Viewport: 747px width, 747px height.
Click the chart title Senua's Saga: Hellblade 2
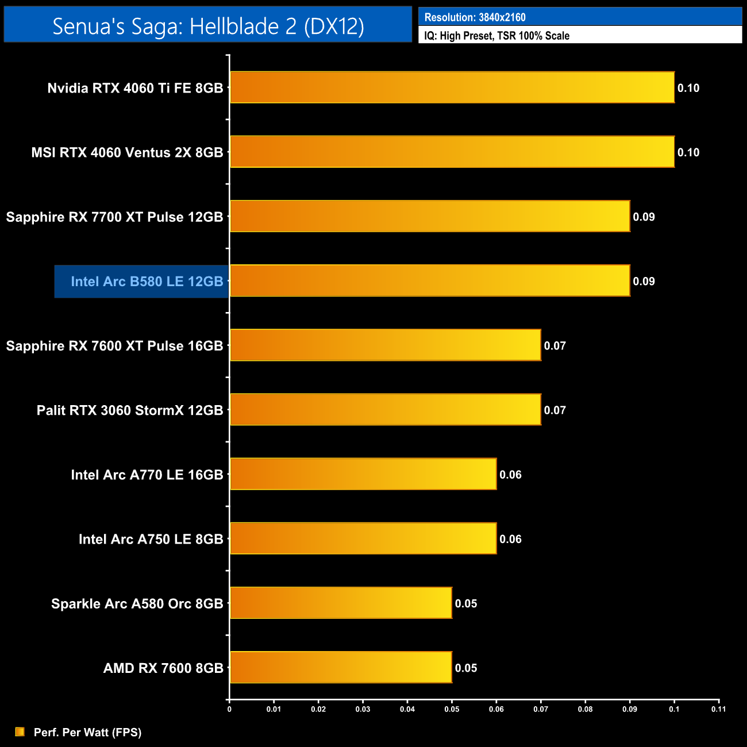(208, 26)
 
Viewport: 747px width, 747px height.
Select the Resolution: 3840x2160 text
(475, 17)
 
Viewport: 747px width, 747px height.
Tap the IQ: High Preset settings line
(496, 36)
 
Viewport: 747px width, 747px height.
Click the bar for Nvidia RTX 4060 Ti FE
(452, 87)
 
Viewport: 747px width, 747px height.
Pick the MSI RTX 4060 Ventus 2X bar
(452, 152)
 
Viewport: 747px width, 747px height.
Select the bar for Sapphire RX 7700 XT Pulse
(430, 216)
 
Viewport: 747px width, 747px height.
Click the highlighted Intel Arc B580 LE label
(147, 282)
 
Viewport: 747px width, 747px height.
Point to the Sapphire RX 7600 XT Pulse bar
(385, 345)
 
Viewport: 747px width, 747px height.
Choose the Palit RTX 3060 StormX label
(129, 410)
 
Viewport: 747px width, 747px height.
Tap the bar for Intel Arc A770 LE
(363, 474)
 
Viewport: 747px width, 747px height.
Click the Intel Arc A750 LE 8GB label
(151, 539)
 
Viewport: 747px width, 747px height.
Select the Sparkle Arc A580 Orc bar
(341, 603)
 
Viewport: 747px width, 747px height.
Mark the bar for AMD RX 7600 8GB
(341, 667)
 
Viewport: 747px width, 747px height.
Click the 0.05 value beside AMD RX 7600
(466, 668)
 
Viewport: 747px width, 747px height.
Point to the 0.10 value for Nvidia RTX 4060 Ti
(688, 88)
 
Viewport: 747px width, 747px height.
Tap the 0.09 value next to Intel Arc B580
(644, 282)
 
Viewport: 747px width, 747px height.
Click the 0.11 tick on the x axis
(718, 709)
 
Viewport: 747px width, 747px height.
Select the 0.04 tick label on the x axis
(407, 709)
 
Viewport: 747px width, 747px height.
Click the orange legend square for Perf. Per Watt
(20, 731)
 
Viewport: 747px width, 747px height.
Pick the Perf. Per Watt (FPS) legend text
(87, 732)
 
